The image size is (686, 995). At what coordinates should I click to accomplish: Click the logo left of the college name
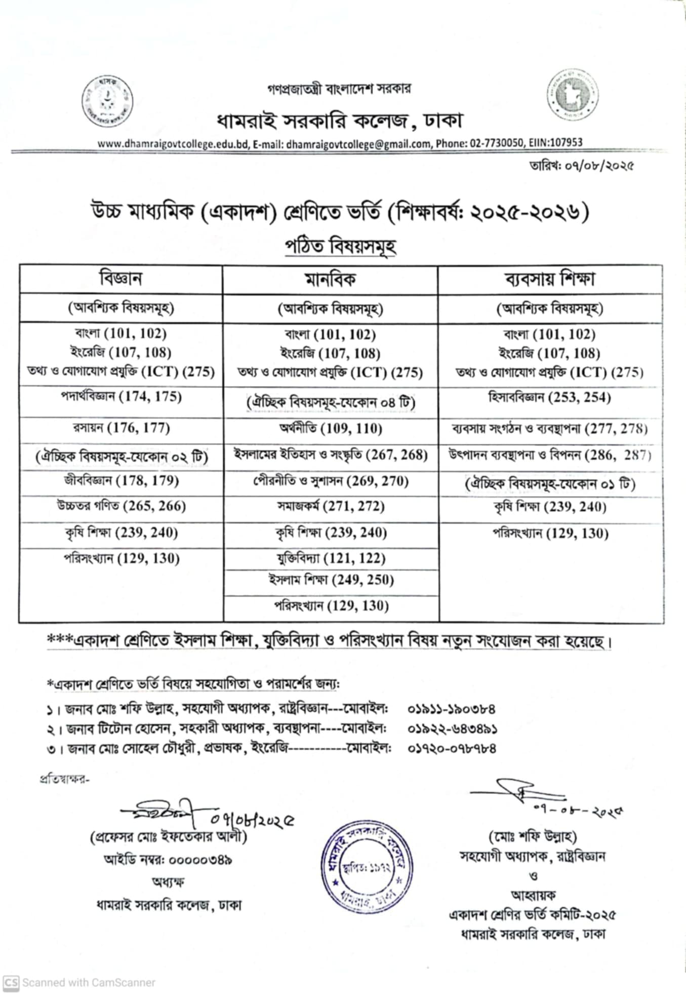(107, 101)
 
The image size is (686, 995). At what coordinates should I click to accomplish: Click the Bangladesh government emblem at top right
(572, 95)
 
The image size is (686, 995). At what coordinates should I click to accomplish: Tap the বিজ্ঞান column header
(121, 279)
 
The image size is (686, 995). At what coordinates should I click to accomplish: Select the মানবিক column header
(330, 279)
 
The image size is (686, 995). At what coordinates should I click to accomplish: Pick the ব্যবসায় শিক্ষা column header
(550, 279)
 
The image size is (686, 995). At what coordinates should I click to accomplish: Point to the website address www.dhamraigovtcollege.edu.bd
(173, 144)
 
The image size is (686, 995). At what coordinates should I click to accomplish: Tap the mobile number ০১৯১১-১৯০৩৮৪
(451, 709)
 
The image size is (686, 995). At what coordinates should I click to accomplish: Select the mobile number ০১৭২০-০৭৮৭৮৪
(452, 748)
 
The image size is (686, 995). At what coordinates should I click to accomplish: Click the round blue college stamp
(369, 867)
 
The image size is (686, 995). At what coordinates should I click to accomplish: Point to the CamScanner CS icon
(11, 982)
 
